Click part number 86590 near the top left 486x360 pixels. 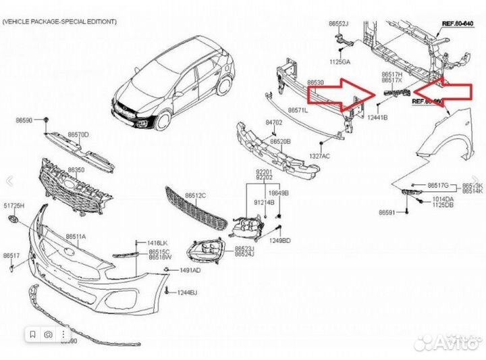(24, 120)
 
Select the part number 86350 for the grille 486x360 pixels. (76, 170)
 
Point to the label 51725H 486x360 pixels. (13, 205)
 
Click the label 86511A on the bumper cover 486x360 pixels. (76, 236)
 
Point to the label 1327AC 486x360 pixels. (319, 156)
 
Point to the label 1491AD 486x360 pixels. (190, 270)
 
